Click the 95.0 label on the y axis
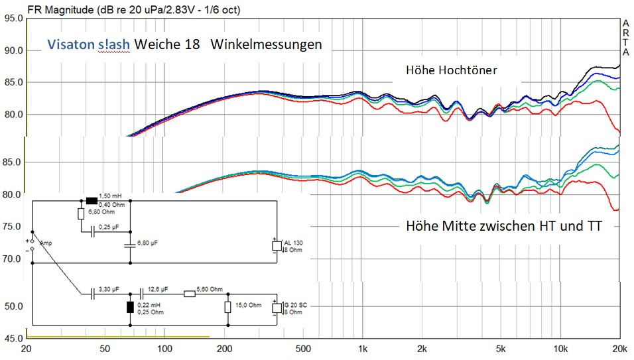pyautogui.click(x=13, y=19)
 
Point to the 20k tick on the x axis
pyautogui.click(x=620, y=349)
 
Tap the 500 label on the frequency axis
pyautogui.click(x=303, y=349)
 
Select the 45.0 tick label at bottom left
pyautogui.click(x=13, y=339)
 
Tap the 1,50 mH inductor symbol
pyautogui.click(x=92, y=201)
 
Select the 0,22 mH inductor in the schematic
pyautogui.click(x=130, y=307)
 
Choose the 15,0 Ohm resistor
pyautogui.click(x=227, y=307)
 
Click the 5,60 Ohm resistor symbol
pyautogui.click(x=189, y=292)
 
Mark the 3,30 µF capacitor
pyautogui.click(x=92, y=292)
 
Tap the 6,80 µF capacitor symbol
pyautogui.click(x=129, y=245)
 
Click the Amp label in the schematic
pyautogui.click(x=46, y=243)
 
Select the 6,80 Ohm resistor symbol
pyautogui.click(x=80, y=213)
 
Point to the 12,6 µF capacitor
pyautogui.click(x=141, y=292)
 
